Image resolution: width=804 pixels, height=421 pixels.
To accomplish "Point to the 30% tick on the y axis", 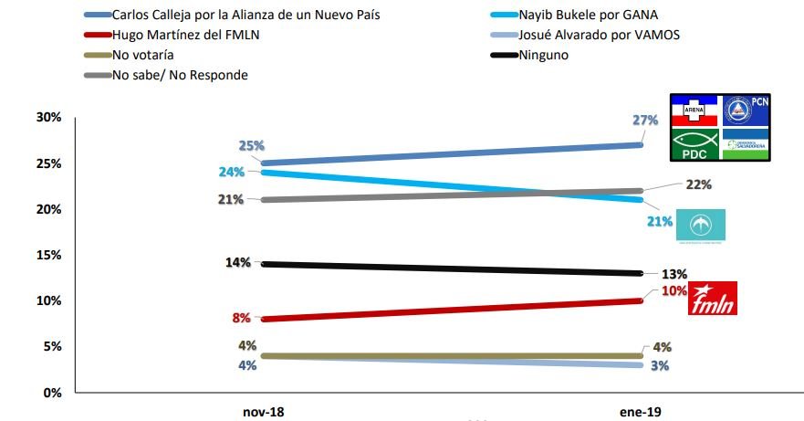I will click(x=47, y=117).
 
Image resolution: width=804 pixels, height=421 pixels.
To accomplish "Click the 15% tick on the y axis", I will click(x=47, y=255).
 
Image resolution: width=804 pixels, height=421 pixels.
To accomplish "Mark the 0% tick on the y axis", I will click(x=51, y=393).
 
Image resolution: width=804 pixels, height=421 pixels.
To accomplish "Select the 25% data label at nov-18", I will click(x=252, y=145).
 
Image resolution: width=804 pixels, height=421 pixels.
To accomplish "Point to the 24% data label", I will click(x=229, y=171).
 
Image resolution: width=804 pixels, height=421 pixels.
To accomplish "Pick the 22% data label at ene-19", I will click(x=697, y=184).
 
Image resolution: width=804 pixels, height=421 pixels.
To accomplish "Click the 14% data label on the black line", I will click(x=238, y=263).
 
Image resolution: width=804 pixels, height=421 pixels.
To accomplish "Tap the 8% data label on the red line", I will click(x=242, y=319).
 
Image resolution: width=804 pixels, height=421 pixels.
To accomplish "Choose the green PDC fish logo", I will click(x=694, y=144).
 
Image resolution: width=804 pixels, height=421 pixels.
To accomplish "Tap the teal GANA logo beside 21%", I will click(x=700, y=226).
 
